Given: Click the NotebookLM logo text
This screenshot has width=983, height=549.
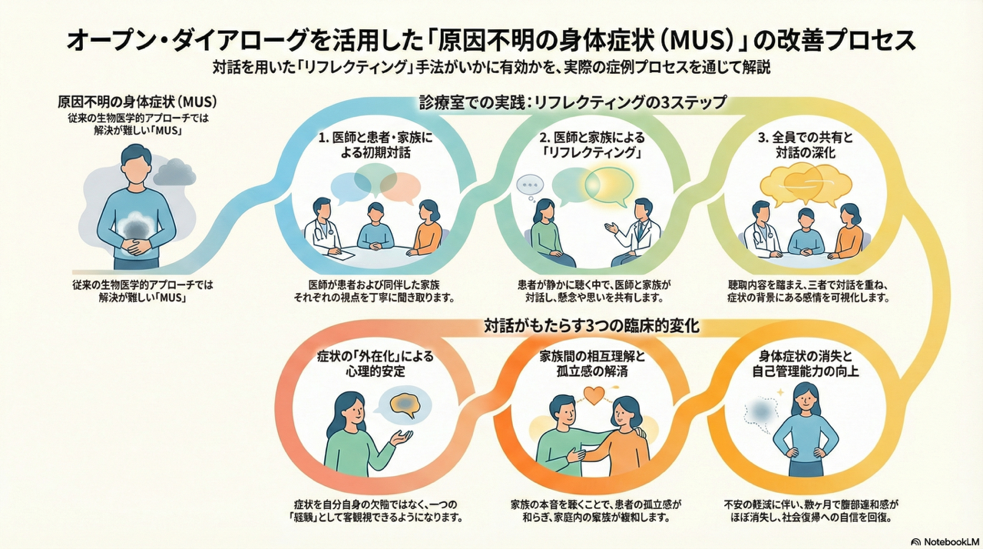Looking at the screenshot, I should (x=942, y=540).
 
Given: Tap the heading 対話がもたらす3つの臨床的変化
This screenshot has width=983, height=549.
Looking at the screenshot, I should (x=591, y=325).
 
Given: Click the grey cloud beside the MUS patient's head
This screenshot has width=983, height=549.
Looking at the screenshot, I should (x=174, y=172).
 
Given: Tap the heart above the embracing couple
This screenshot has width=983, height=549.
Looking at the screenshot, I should (x=595, y=395).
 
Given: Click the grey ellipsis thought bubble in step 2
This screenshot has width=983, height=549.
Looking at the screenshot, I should (x=529, y=185).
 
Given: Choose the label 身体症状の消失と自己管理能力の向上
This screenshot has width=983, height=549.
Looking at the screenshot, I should (x=806, y=364).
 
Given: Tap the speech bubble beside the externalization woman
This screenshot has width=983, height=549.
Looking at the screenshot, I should (x=405, y=405).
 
